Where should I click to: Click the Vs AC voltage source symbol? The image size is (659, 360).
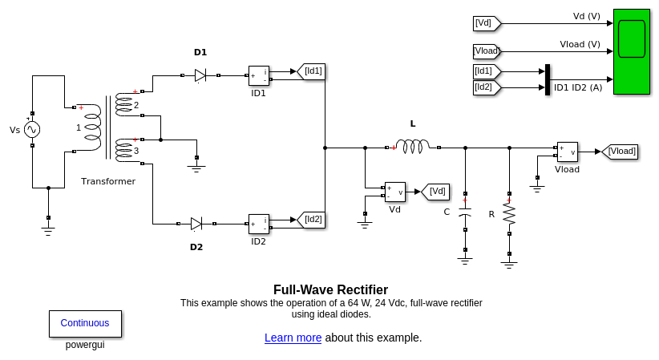[32, 129]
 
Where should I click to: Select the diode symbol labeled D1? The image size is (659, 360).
[200, 75]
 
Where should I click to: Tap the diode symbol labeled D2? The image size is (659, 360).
[196, 224]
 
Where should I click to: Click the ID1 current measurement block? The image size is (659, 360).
[258, 76]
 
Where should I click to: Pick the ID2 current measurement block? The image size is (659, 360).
[258, 224]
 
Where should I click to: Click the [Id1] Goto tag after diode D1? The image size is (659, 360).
[311, 71]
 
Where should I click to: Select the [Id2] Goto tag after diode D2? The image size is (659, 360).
[311, 220]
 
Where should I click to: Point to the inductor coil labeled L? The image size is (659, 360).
[413, 147]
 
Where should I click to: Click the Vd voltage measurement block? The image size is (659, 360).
[394, 192]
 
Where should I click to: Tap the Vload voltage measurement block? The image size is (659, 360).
[567, 152]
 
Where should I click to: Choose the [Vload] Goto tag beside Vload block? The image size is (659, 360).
[620, 151]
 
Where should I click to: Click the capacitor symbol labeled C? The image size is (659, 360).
[465, 213]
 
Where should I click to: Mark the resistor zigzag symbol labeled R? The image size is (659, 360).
[509, 214]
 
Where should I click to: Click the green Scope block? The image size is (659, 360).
[631, 51]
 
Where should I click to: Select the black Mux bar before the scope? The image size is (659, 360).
[548, 79]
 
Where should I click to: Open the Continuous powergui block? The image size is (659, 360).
[85, 323]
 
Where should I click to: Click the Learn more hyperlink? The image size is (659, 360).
[293, 338]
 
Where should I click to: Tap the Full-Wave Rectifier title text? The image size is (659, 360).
[330, 289]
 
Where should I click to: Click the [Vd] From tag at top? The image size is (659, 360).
[486, 23]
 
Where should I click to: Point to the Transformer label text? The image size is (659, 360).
[108, 181]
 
